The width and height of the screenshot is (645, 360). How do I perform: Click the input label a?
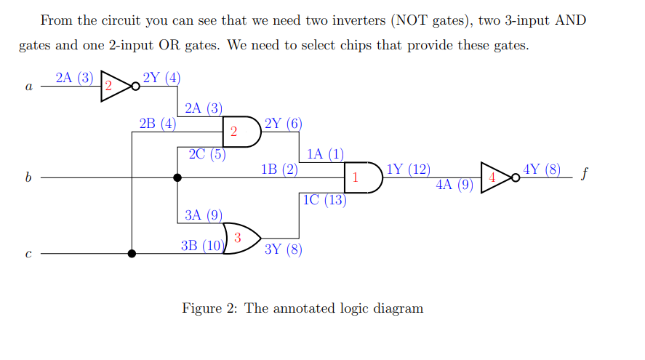click(x=28, y=87)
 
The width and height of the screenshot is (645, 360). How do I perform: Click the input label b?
click(x=28, y=177)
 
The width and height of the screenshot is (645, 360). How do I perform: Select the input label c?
click(x=28, y=255)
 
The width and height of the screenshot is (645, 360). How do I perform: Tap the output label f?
click(x=584, y=175)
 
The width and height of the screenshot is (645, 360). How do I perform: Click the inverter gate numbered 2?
click(x=115, y=86)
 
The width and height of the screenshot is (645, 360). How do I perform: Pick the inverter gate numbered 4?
click(x=495, y=177)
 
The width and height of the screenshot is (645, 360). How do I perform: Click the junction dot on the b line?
click(x=177, y=177)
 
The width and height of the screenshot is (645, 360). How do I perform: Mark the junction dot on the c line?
click(x=132, y=254)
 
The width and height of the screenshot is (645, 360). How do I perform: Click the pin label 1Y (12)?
click(x=409, y=170)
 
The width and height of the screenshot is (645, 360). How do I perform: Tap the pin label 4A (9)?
click(x=455, y=185)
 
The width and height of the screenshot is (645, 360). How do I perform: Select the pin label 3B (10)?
click(x=203, y=245)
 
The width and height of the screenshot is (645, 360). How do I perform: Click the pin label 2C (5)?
click(x=207, y=154)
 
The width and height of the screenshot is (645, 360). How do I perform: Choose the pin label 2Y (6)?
click(x=283, y=123)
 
